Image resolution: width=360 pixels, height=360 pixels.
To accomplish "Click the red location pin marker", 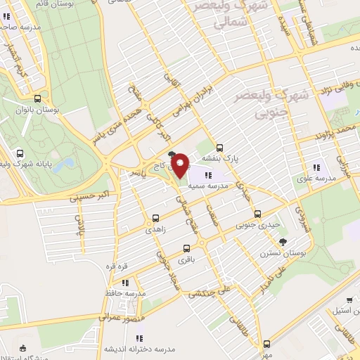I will click(180, 165).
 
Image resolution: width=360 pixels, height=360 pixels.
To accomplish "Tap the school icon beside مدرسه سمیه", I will click(207, 174).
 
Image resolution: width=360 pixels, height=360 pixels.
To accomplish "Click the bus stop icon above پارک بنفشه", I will click(221, 148).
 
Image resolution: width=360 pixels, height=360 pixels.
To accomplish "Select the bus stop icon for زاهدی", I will click(156, 219).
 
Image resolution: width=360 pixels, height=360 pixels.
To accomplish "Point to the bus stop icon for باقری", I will click(186, 248).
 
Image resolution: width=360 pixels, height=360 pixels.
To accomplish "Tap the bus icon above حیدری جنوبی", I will click(257, 214).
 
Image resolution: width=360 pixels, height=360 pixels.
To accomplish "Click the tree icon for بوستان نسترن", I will click(283, 242).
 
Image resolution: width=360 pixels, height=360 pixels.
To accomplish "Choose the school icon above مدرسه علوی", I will click(316, 167).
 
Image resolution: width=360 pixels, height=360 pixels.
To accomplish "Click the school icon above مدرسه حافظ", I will click(124, 282).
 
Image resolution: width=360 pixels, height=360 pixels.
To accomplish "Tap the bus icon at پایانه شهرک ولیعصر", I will click(19, 154).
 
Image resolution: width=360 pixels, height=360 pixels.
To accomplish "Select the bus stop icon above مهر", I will click(266, 345).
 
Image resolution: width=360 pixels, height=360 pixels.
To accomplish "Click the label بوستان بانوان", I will click(39, 112).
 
